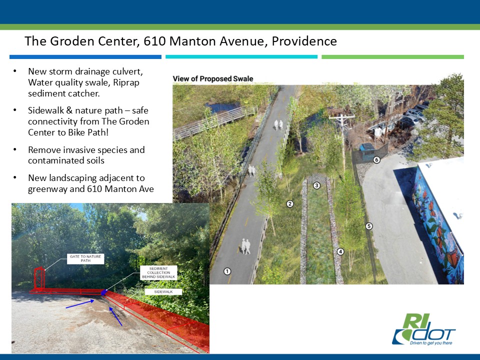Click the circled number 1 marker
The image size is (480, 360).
tap(227, 271)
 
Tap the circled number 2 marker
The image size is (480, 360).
tap(290, 204)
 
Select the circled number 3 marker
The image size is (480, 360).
tap(316, 185)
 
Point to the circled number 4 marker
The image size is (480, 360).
tap(340, 251)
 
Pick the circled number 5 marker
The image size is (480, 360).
tap(369, 226)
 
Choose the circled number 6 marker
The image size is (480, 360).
tap(376, 159)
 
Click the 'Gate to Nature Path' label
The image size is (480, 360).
tap(85, 258)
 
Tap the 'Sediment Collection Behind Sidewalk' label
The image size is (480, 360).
tap(158, 273)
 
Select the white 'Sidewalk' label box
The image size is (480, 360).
tap(163, 292)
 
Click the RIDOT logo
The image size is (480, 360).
tap(424, 329)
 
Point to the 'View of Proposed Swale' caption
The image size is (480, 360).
tap(213, 78)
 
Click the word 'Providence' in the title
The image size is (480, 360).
tap(304, 41)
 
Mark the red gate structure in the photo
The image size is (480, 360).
tap(39, 278)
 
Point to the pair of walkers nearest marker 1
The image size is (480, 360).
tap(245, 246)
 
